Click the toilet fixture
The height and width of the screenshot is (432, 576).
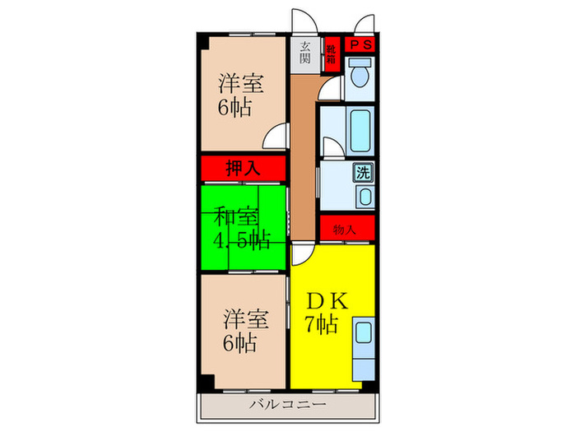coord(359,77)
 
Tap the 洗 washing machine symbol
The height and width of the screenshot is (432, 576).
coord(362,174)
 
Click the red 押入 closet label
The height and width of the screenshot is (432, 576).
coord(243,169)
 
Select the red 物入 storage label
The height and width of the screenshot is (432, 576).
coord(346,230)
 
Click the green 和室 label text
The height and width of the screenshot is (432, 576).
coord(237,217)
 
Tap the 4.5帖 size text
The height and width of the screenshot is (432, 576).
coord(243,240)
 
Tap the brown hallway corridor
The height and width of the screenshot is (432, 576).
coord(304,156)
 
